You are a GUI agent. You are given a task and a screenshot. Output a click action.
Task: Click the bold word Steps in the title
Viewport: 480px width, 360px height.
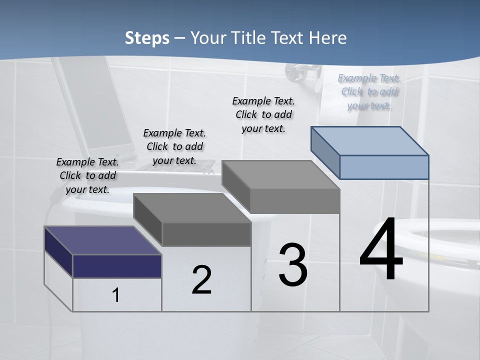(x=147, y=38)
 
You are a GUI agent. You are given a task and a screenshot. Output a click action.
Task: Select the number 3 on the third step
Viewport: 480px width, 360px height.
(x=293, y=265)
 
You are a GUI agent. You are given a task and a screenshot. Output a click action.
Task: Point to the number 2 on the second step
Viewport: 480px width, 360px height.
(x=201, y=280)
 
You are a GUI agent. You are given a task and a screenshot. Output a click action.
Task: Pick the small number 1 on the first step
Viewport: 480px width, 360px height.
(x=116, y=295)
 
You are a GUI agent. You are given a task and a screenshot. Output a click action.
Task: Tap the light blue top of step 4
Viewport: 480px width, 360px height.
(x=370, y=140)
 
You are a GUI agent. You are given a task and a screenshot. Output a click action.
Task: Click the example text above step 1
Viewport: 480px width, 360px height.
(x=87, y=175)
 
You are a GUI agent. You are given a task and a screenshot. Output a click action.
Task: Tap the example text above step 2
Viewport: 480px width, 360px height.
(x=174, y=146)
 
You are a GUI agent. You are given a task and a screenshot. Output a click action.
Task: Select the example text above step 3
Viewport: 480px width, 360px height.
(x=263, y=114)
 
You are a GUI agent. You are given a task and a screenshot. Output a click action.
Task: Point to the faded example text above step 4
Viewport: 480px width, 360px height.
(x=369, y=91)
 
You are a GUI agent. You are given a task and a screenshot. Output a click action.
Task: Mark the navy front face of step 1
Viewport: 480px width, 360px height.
(x=117, y=266)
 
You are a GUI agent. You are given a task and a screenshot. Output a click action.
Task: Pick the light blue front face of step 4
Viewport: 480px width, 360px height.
(x=384, y=167)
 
